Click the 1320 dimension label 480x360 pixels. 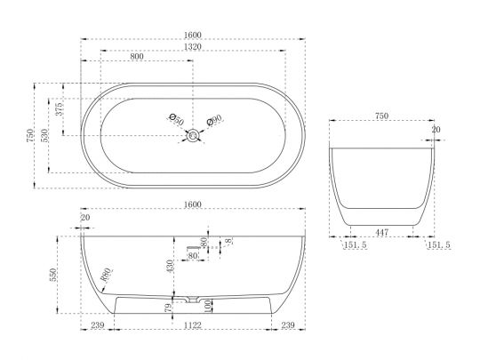coord(193,46)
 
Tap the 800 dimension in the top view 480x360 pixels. coord(137,57)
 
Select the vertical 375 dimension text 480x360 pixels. coord(60,109)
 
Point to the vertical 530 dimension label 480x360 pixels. coord(44,135)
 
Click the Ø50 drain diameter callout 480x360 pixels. coord(177,119)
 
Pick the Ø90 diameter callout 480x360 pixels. coord(214,120)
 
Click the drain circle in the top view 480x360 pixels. coord(193,135)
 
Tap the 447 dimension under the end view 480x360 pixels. coord(381,232)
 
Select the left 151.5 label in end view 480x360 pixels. coord(356,245)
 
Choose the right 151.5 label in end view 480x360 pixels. coord(439,245)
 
